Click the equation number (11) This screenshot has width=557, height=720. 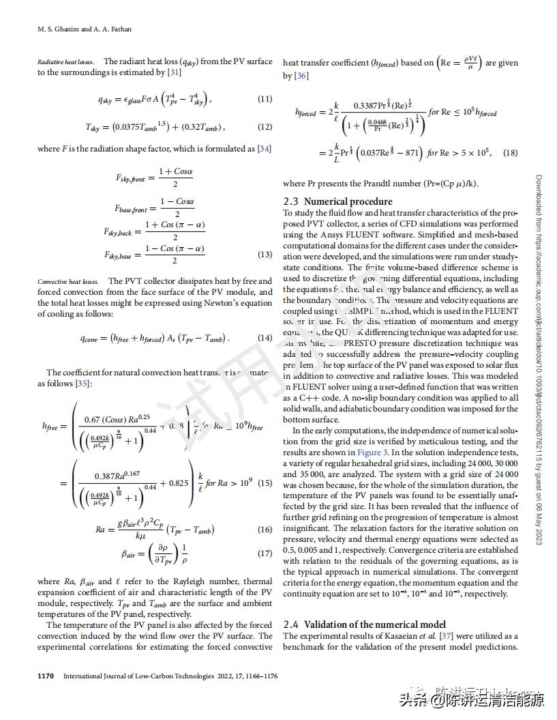click(x=265, y=99)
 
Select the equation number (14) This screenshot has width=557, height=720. click(x=265, y=338)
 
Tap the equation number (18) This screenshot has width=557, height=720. click(x=510, y=153)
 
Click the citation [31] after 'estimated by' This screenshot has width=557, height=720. click(x=175, y=72)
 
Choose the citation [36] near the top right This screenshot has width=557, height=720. click(x=301, y=76)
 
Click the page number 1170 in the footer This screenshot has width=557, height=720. click(x=46, y=676)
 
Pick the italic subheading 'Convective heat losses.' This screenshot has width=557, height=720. click(x=68, y=281)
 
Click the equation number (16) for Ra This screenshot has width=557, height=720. click(x=265, y=530)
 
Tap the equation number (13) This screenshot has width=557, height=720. click(x=265, y=255)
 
